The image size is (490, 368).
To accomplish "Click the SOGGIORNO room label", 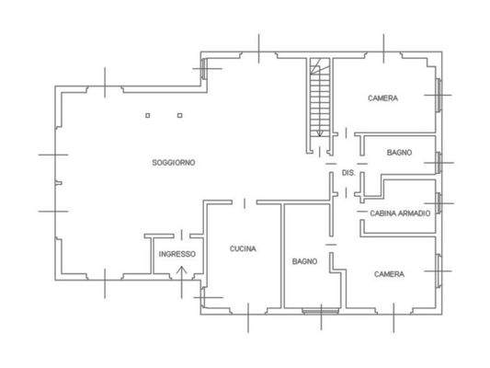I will pyautogui.click(x=174, y=162).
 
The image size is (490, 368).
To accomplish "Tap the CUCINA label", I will pyautogui.click(x=243, y=248).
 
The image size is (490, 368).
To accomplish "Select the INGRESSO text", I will pyautogui.click(x=176, y=254).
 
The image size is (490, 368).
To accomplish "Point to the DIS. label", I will pyautogui.click(x=348, y=173).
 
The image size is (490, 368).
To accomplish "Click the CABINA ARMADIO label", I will pyautogui.click(x=400, y=213).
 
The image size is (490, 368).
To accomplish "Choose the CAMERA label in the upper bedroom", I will pyautogui.click(x=382, y=98).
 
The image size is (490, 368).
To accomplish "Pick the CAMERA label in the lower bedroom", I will pyautogui.click(x=389, y=273).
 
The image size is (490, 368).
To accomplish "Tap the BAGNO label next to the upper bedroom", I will pyautogui.click(x=399, y=152).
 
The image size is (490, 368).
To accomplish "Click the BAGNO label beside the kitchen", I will pyautogui.click(x=304, y=261).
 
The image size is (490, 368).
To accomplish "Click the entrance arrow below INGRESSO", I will pyautogui.click(x=181, y=271).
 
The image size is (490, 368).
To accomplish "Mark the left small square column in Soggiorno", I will pyautogui.click(x=148, y=116).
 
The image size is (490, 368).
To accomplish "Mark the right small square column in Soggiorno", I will pyautogui.click(x=180, y=116).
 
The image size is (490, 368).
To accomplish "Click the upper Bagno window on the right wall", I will pyautogui.click(x=440, y=162).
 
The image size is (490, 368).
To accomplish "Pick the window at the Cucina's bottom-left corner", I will pyautogui.click(x=208, y=299).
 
